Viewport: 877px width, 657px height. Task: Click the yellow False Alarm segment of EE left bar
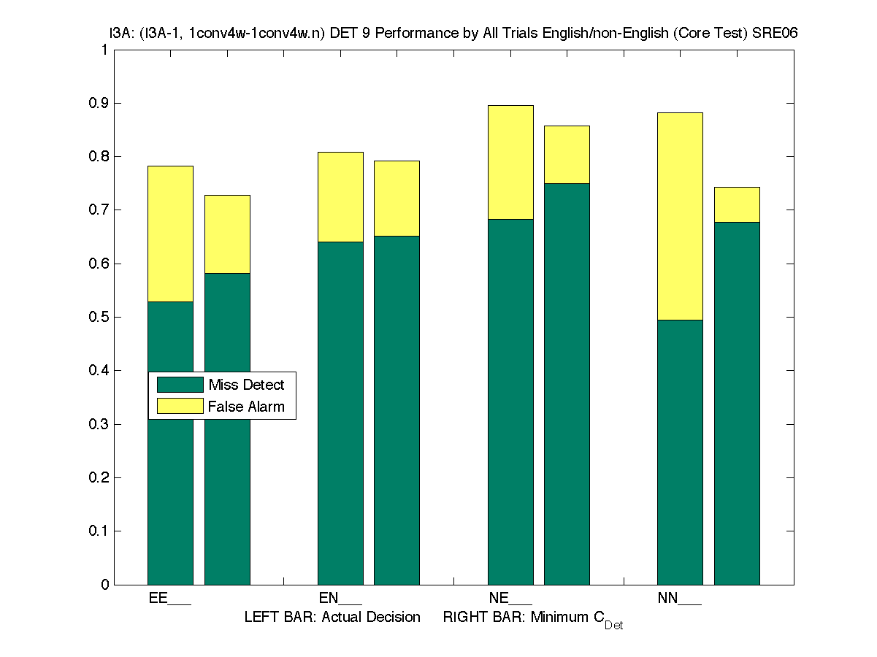(x=170, y=234)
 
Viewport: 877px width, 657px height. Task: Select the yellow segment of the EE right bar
(x=227, y=234)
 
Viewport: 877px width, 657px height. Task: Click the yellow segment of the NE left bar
(x=510, y=162)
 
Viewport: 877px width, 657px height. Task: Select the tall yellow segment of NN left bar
(x=680, y=216)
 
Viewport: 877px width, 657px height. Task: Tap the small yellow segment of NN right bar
(x=737, y=204)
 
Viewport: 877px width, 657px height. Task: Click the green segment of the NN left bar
(x=680, y=452)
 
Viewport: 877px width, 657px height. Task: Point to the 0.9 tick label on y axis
(x=99, y=103)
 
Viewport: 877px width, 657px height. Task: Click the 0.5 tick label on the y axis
(x=99, y=317)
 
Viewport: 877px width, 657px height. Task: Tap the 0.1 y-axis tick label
(x=99, y=531)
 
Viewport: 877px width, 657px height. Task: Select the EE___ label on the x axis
(x=169, y=599)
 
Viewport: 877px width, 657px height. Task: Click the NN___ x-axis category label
(x=679, y=599)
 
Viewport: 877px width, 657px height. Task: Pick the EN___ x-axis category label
(x=340, y=599)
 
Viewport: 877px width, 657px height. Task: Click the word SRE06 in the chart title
(x=772, y=34)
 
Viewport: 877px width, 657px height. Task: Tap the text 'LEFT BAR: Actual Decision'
(x=332, y=618)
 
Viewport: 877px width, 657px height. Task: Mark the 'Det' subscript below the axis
(x=613, y=626)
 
